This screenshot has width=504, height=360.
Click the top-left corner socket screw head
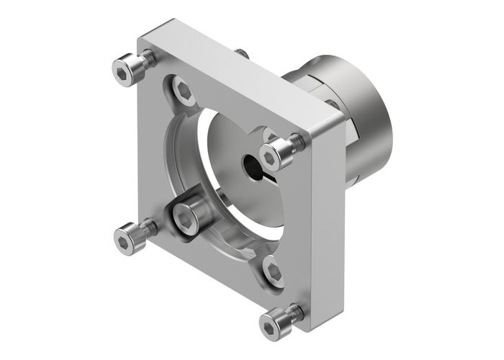tap(128, 71)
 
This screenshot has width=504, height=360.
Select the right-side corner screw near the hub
tap(278, 153)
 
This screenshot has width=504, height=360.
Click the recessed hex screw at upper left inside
tap(184, 92)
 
